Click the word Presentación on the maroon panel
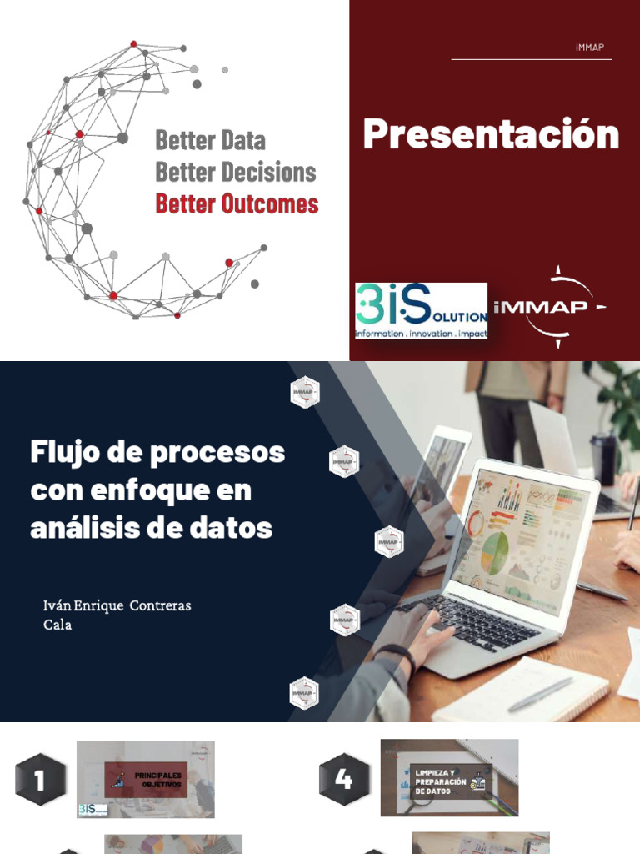pyautogui.click(x=491, y=135)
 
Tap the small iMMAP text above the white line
pyautogui.click(x=589, y=48)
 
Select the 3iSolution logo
pyautogui.click(x=421, y=310)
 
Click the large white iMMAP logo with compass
pyautogui.click(x=550, y=307)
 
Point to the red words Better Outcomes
pyautogui.click(x=237, y=203)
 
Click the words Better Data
pyautogui.click(x=210, y=140)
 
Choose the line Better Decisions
pyautogui.click(x=236, y=173)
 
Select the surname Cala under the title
pyautogui.click(x=57, y=625)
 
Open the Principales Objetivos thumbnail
pyautogui.click(x=146, y=780)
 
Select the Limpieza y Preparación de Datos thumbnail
pyautogui.click(x=449, y=777)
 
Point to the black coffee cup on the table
pyautogui.click(x=602, y=460)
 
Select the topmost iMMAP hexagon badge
pyautogui.click(x=305, y=392)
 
